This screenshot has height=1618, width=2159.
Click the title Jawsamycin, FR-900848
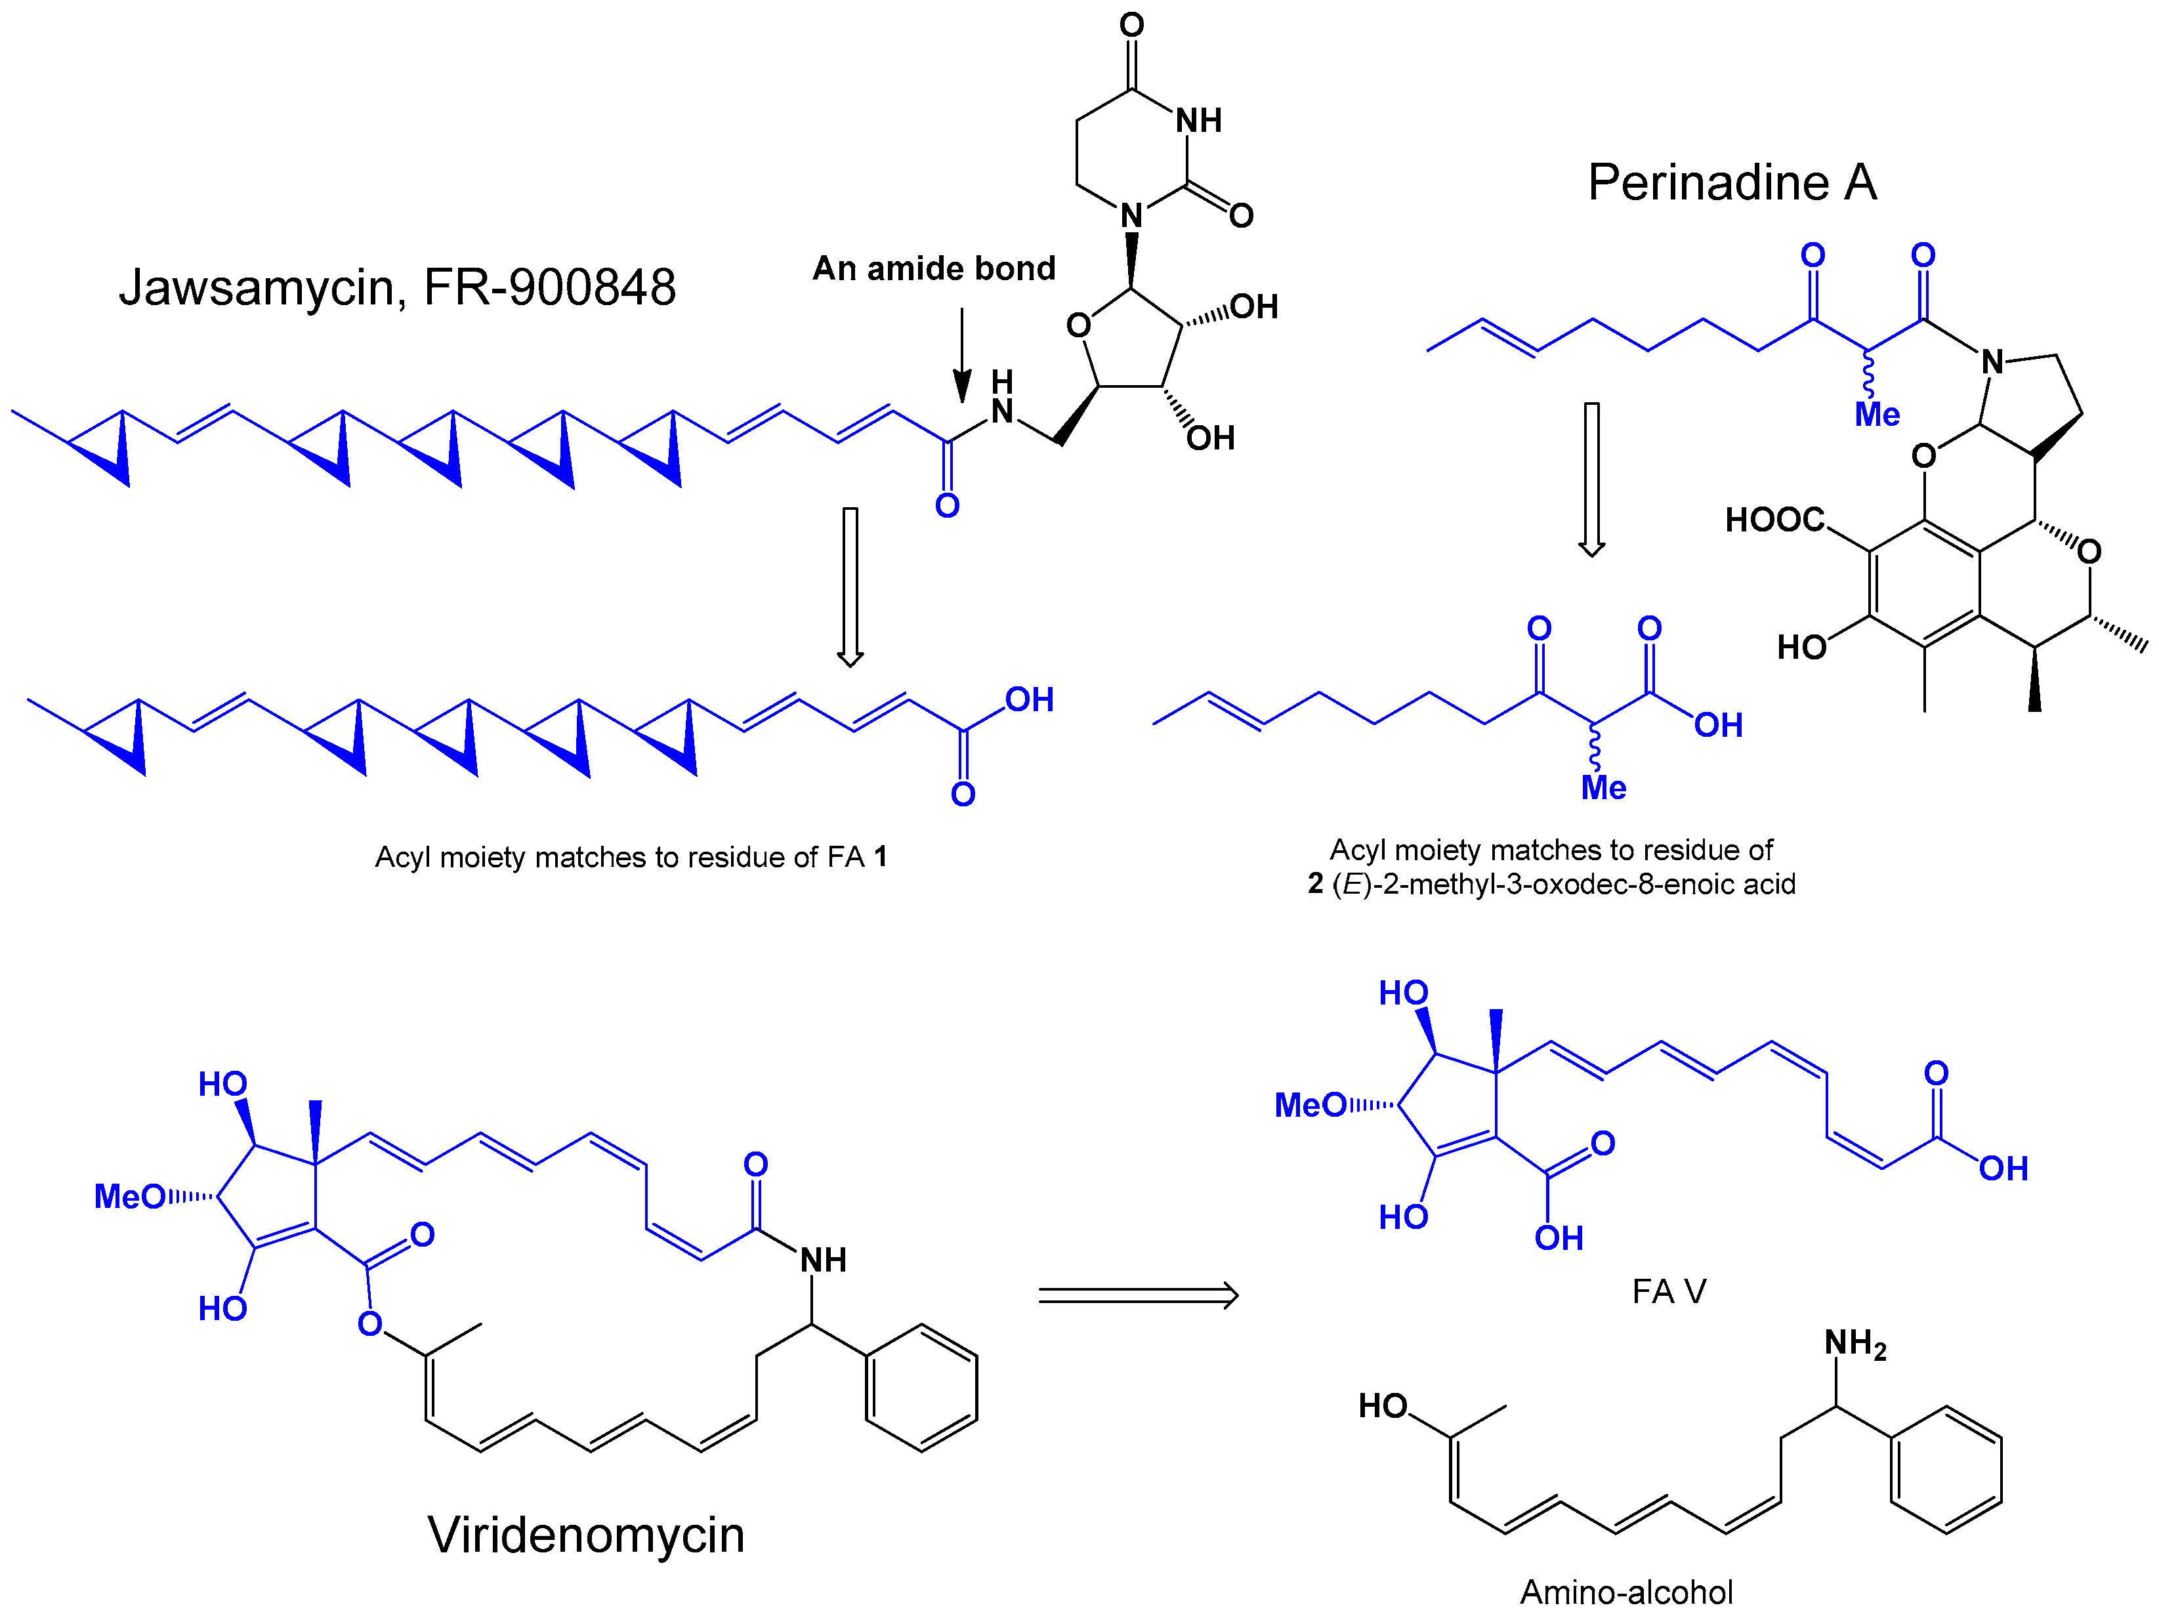coord(397,287)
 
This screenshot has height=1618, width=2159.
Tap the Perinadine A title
coord(1732,182)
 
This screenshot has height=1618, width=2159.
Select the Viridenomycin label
coord(585,1534)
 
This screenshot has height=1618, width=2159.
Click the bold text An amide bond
coord(934,268)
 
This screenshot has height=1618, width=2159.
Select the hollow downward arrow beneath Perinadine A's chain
coord(1592,478)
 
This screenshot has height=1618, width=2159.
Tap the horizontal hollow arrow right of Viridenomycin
coord(1138,1296)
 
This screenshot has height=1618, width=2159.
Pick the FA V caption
coord(1669,1291)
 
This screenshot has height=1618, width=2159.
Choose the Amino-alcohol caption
coord(1626,1592)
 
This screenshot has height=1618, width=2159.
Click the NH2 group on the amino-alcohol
coord(1855,1344)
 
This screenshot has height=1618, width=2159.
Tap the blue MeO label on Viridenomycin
coord(130,1196)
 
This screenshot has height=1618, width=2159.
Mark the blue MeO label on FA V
coord(1311,1106)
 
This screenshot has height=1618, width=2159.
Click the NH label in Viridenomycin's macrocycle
coord(823,1260)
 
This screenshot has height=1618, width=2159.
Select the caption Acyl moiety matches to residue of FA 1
coord(631,857)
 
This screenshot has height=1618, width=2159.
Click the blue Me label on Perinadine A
coord(1877,415)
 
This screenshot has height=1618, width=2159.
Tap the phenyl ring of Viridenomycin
coord(921,1387)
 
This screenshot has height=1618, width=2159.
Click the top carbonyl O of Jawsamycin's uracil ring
coord(1131,24)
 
